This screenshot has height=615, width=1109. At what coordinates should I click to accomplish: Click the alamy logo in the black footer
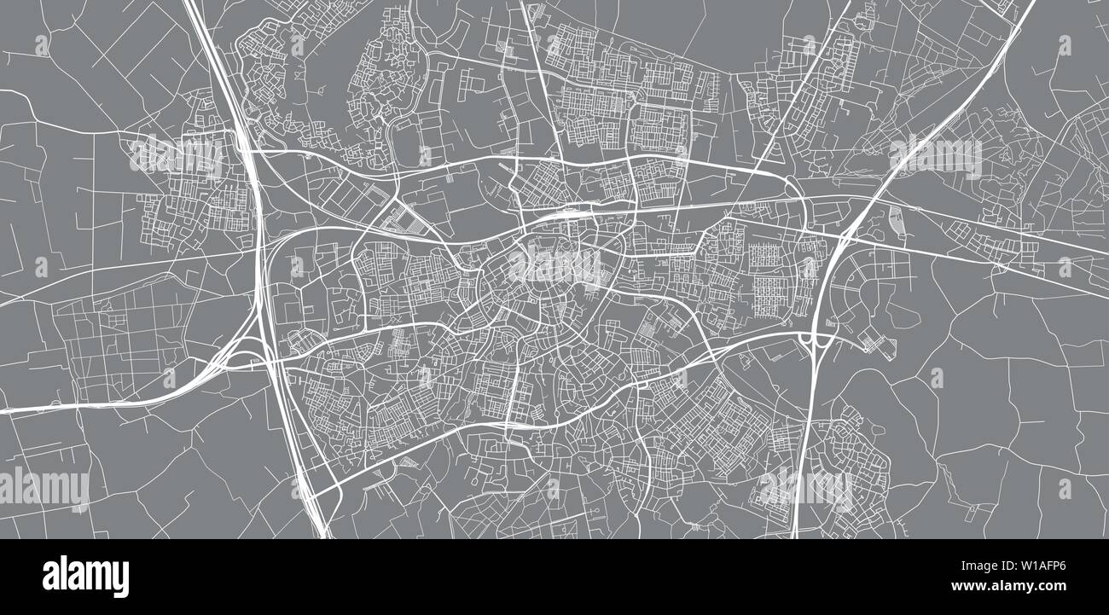coord(85,577)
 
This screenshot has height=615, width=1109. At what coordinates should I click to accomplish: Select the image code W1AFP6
coord(1036,565)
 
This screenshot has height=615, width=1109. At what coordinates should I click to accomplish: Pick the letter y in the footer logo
coord(119,580)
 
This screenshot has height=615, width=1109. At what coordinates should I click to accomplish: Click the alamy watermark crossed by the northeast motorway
coord(935,156)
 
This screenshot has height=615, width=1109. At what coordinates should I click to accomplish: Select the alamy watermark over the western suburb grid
coord(176,156)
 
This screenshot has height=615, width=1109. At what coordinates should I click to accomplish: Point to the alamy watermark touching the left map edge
coord(44,489)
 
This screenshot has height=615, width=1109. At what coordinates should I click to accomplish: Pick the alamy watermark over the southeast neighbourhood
coord(805,489)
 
